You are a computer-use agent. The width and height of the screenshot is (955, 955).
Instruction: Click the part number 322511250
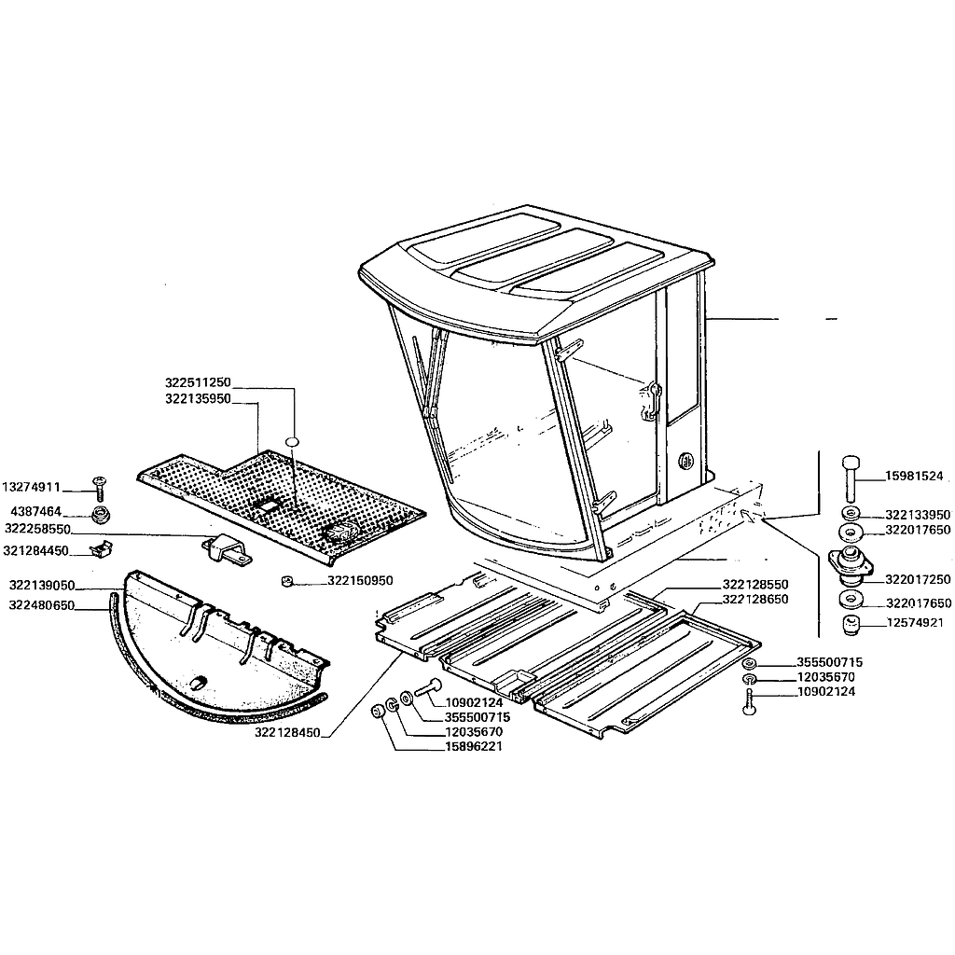pyautogui.click(x=198, y=382)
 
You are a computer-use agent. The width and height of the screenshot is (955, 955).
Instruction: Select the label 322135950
pyautogui.click(x=198, y=399)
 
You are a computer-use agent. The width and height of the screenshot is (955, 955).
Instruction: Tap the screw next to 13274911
pyautogui.click(x=99, y=488)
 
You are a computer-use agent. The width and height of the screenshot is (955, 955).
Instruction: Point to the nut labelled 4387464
pyautogui.click(x=100, y=515)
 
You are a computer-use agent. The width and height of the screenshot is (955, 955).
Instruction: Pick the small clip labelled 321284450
pyautogui.click(x=101, y=548)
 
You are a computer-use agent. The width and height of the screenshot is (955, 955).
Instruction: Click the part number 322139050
pyautogui.click(x=42, y=586)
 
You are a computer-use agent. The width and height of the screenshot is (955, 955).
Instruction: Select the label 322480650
pyautogui.click(x=42, y=604)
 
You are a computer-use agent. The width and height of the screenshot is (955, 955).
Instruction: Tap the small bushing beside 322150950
pyautogui.click(x=287, y=581)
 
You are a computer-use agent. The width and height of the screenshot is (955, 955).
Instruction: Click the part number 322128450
pyautogui.click(x=287, y=733)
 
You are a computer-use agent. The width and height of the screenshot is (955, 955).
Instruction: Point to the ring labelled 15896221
pyautogui.click(x=378, y=711)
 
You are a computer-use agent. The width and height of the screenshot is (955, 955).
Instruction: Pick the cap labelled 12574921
pyautogui.click(x=851, y=625)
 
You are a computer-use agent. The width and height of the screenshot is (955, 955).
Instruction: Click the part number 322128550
pyautogui.click(x=755, y=585)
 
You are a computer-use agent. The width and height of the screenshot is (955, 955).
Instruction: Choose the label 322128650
pyautogui.click(x=755, y=600)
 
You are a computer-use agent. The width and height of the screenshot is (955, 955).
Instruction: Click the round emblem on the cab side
pyautogui.click(x=686, y=460)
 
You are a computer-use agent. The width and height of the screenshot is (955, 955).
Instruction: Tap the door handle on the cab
pyautogui.click(x=650, y=401)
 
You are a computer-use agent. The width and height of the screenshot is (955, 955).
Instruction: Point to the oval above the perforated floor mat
pyautogui.click(x=293, y=441)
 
